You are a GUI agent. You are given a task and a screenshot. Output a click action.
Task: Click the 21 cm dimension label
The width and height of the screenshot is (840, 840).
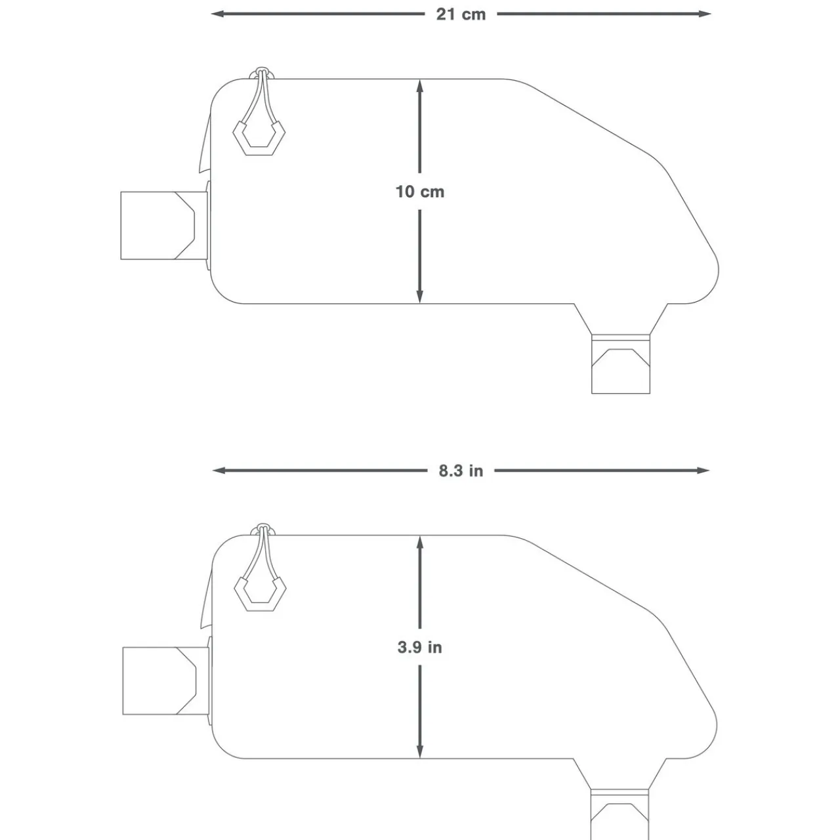coord(461,14)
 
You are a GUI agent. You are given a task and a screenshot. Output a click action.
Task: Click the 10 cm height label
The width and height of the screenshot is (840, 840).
coord(420,192)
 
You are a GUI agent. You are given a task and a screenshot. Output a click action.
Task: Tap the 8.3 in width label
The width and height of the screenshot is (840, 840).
coord(461,471)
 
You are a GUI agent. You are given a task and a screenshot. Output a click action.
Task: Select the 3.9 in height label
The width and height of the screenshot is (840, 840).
coord(420,647)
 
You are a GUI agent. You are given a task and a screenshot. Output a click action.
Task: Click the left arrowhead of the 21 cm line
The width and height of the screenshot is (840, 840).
coord(217,14)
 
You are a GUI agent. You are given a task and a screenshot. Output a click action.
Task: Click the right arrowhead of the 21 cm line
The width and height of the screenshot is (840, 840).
coord(704,14)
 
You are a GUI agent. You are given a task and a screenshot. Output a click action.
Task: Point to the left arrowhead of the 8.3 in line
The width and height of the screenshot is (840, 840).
coord(219,471)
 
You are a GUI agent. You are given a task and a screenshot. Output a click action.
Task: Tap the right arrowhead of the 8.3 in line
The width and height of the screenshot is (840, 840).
coord(703,471)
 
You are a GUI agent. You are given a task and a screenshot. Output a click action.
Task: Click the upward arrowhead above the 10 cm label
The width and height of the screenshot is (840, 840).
coord(420,87)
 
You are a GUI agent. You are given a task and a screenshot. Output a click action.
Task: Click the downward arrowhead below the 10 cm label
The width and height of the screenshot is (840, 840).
coord(420,297)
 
